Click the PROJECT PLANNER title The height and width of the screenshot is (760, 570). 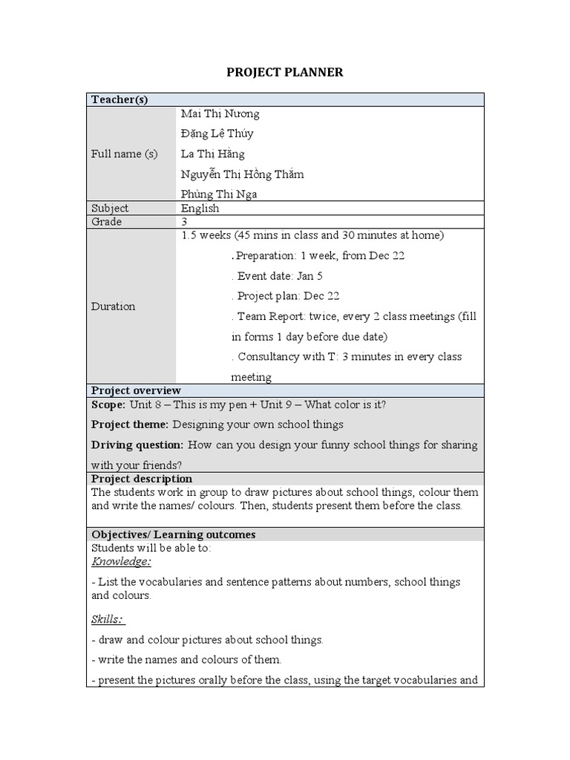point(285,72)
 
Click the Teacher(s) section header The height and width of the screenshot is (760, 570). point(119,99)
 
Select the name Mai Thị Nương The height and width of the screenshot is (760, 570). point(220,114)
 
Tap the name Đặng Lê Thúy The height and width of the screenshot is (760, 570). point(217,134)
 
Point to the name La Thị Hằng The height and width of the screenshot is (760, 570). point(212,154)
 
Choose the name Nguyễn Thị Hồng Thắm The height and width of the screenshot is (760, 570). point(242,174)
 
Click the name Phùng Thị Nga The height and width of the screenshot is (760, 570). point(219,194)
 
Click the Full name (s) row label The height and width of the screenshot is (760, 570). point(124,154)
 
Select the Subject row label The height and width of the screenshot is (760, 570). point(110,209)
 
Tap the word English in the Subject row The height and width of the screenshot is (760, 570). point(200,209)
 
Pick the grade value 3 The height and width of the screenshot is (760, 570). point(184,222)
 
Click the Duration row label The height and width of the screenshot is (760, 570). point(113,306)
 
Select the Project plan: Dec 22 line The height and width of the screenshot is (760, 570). point(285,295)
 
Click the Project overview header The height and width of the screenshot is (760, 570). point(136,390)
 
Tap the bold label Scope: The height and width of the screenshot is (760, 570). point(109,404)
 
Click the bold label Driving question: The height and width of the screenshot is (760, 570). point(137,445)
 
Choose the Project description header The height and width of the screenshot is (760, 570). point(141,479)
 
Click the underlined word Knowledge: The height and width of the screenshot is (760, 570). point(121,562)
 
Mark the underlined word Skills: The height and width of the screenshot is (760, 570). point(108,619)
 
